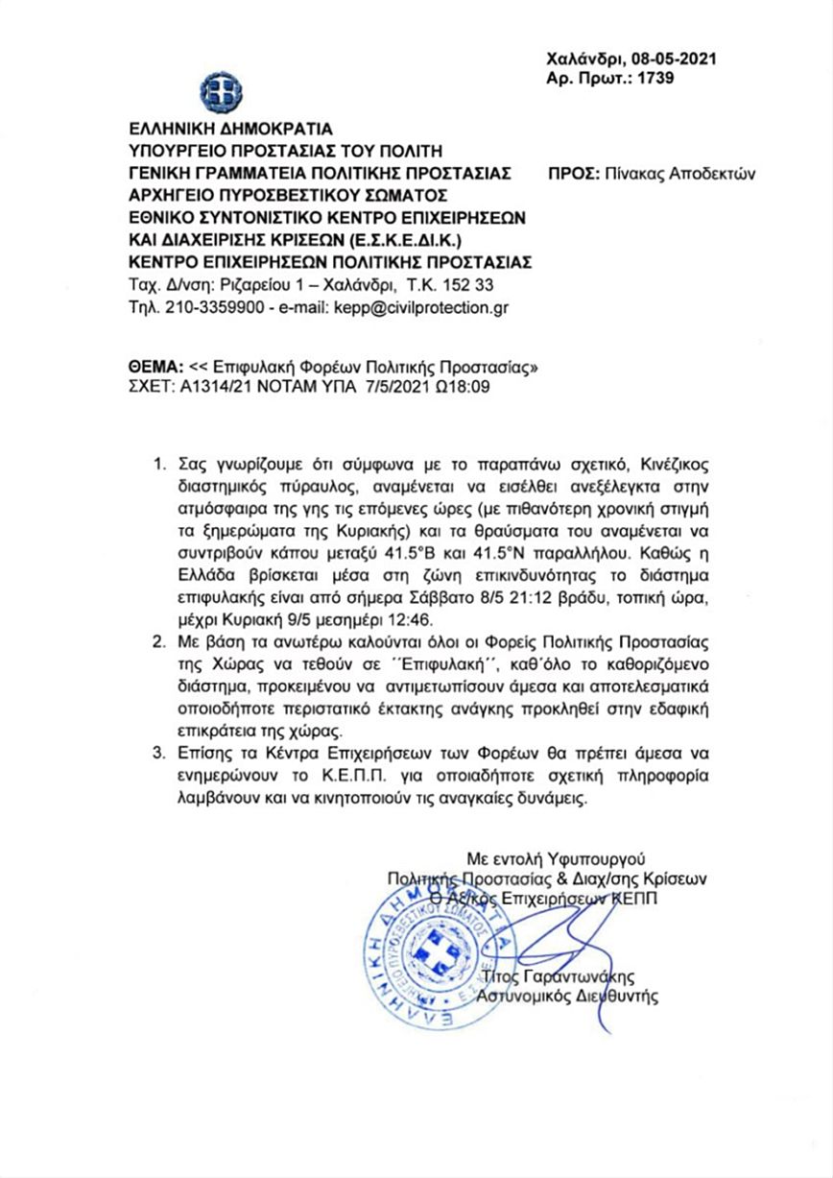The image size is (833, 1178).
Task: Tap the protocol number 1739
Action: pyautogui.click(x=656, y=78)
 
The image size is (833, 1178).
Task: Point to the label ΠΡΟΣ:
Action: pyautogui.click(x=574, y=175)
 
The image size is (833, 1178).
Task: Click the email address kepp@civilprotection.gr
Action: pyautogui.click(x=420, y=307)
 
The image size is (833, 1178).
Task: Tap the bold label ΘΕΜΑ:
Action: pyautogui.click(x=155, y=368)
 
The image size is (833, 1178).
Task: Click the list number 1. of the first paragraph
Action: pyautogui.click(x=161, y=464)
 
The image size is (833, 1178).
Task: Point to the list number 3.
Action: pyautogui.click(x=161, y=752)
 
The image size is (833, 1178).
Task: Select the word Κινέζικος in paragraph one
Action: pyautogui.click(x=637, y=464)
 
